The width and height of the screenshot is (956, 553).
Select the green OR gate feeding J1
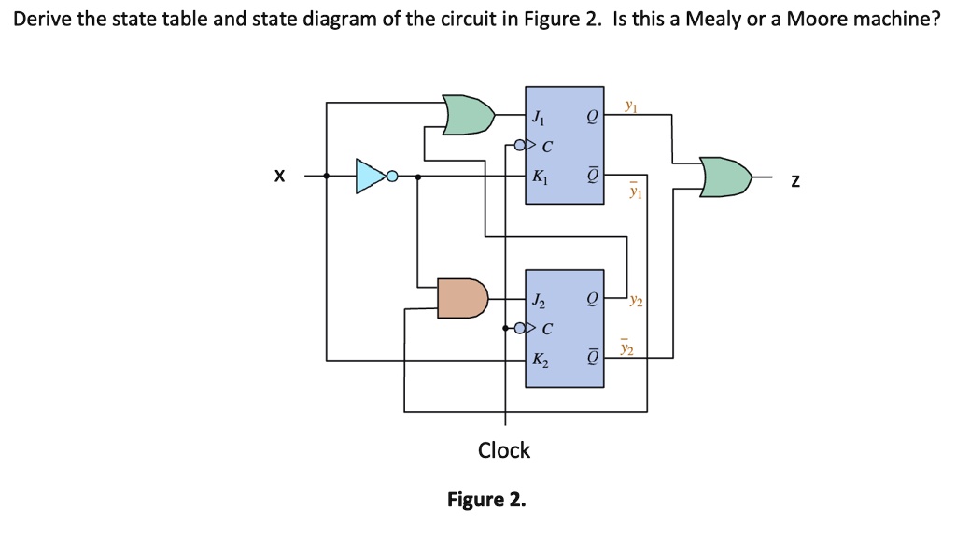pos(467,114)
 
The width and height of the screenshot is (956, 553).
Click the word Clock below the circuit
pos(504,450)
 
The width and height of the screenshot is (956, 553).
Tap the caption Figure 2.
pos(486,500)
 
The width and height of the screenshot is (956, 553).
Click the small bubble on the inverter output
pos(392,176)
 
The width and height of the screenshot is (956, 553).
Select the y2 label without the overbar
pos(636,301)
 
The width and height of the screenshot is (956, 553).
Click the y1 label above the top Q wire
pos(632,106)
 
